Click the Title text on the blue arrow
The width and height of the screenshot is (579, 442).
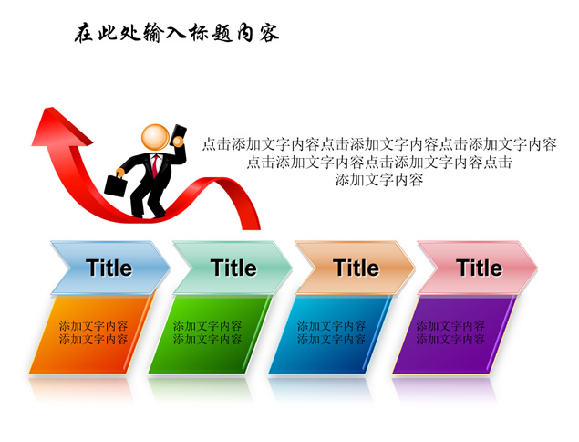[109, 268]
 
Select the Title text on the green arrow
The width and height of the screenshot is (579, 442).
[233, 268]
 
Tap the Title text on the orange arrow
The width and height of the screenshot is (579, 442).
[356, 268]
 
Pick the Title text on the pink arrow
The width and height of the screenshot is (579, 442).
[480, 268]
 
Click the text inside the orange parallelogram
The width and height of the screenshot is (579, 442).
[93, 332]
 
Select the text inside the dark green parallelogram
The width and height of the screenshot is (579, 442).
[207, 332]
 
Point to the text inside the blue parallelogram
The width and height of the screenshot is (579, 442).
[331, 332]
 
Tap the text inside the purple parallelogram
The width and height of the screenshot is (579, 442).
[450, 332]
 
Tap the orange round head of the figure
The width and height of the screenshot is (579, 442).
[155, 138]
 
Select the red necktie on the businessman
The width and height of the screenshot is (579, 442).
[155, 165]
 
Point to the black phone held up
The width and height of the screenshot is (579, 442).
[179, 134]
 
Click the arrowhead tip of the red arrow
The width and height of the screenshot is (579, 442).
[47, 108]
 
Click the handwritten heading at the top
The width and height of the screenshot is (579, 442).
[177, 33]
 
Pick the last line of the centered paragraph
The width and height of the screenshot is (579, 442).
[379, 180]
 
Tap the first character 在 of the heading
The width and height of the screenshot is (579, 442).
[83, 34]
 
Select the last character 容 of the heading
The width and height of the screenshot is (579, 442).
[269, 33]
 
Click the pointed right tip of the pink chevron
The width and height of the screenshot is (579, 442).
[536, 267]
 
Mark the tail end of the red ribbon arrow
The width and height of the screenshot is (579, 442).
[252, 228]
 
